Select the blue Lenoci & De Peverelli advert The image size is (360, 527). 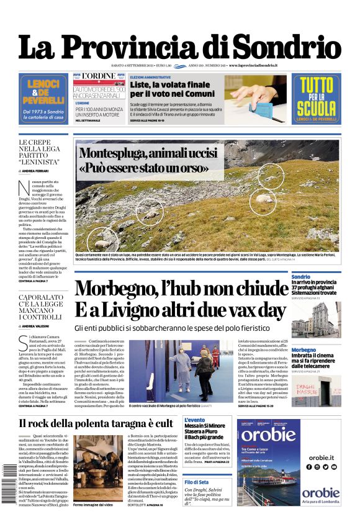[43, 97]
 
